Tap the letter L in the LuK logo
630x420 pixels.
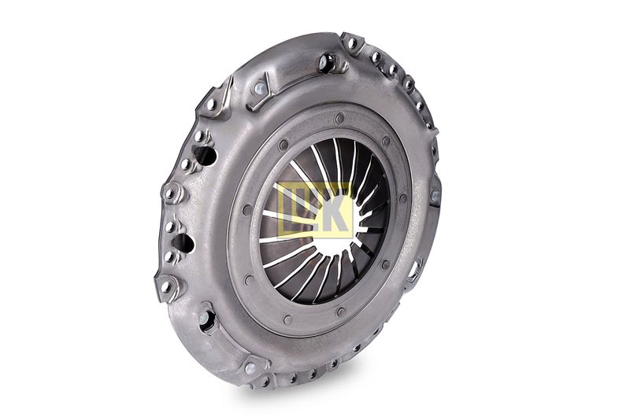coord(291,210)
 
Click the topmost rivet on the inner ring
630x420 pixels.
coord(340,118)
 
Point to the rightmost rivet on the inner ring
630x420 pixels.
coord(403,198)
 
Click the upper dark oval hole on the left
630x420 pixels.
coord(206,155)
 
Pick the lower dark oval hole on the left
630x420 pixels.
coord(183,244)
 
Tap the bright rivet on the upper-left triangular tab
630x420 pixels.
coord(260,88)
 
